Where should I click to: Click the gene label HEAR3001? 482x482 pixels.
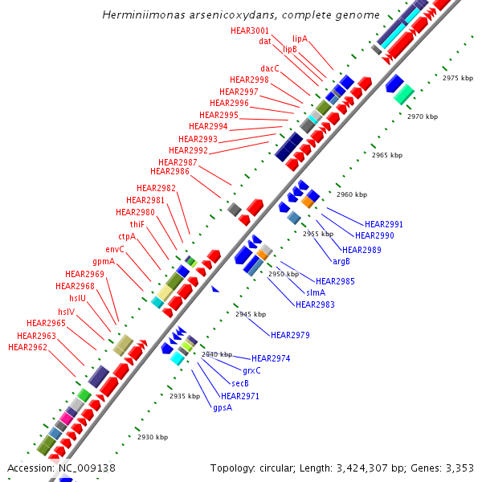click(x=249, y=31)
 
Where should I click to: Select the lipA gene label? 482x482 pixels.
click(x=300, y=39)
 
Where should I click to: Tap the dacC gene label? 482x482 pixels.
click(x=270, y=68)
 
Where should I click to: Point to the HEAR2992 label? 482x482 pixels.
click(x=188, y=150)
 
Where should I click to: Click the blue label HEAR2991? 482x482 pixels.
click(x=384, y=224)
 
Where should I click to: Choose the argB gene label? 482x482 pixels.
click(x=341, y=260)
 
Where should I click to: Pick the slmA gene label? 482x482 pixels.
click(x=316, y=292)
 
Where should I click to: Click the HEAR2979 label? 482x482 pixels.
click(x=290, y=334)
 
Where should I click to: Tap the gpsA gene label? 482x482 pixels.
click(x=223, y=407)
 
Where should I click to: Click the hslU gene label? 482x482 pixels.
click(x=77, y=298)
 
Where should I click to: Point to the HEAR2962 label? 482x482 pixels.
click(x=27, y=347)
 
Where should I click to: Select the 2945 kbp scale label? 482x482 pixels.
click(x=251, y=314)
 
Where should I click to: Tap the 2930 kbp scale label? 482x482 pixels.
click(x=153, y=437)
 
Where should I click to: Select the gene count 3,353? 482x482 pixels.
click(x=458, y=468)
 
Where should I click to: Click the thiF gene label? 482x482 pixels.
click(x=137, y=224)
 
